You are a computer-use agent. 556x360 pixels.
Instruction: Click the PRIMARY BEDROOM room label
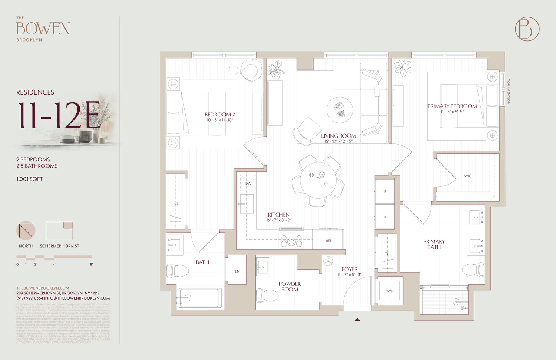[x=452, y=106]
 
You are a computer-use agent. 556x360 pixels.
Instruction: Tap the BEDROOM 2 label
[x=219, y=115]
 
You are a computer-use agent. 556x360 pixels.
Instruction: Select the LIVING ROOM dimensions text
[x=338, y=141]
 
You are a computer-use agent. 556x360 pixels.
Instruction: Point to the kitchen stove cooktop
[x=291, y=240]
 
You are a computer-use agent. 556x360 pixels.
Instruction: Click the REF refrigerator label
[x=328, y=241]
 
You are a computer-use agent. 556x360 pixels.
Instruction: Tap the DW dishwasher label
[x=248, y=184]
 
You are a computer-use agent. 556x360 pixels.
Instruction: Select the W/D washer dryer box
[x=389, y=291]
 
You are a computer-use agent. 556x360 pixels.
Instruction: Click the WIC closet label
[x=467, y=176]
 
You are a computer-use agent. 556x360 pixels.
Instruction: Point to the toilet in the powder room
[x=267, y=295]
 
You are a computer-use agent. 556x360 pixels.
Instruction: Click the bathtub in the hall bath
[x=200, y=298]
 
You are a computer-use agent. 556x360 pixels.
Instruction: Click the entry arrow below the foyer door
[x=357, y=319]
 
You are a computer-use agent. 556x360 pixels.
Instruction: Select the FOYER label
[x=350, y=269]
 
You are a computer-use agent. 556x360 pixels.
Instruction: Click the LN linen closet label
[x=237, y=271]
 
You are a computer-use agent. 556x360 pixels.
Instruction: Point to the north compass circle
[x=26, y=231]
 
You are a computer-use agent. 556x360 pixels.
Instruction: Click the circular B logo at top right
[x=527, y=29]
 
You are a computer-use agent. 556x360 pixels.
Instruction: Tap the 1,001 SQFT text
[x=29, y=179]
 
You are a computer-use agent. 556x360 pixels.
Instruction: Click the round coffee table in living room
[x=340, y=110]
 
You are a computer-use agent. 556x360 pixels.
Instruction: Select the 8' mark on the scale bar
[x=91, y=264]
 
